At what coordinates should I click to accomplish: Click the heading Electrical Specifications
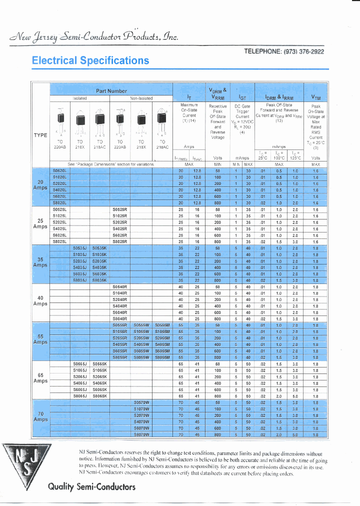pyautogui.click(x=90, y=60)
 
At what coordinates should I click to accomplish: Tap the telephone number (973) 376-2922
pyautogui.click(x=284, y=51)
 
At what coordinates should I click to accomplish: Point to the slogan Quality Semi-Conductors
pyautogui.click(x=91, y=486)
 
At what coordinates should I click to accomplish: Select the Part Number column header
pyautogui.click(x=111, y=91)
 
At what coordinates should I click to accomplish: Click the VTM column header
pyautogui.click(x=316, y=98)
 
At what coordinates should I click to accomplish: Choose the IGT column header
pyautogui.click(x=242, y=98)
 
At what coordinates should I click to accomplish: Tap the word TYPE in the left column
pyautogui.click(x=40, y=135)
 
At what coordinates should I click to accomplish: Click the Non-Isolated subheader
pyautogui.click(x=141, y=98)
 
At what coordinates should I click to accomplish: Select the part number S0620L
pyautogui.click(x=59, y=170)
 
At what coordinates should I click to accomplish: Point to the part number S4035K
pyautogui.click(x=99, y=267)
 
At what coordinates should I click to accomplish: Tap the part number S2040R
pyautogui.click(x=120, y=299)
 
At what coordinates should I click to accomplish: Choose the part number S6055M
pyautogui.click(x=162, y=350)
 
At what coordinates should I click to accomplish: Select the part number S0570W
pyautogui.click(x=141, y=402)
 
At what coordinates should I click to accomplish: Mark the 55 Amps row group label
pyautogui.click(x=40, y=338)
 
